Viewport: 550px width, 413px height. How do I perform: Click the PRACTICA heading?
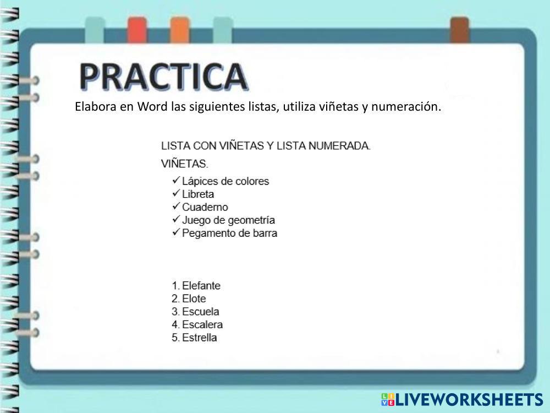pyautogui.click(x=163, y=76)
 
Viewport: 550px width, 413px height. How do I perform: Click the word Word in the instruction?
pyautogui.click(x=152, y=106)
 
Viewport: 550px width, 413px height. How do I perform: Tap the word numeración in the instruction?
pyautogui.click(x=406, y=106)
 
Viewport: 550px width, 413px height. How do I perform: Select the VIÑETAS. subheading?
pyautogui.click(x=184, y=164)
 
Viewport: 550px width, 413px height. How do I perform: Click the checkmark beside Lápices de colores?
pyautogui.click(x=176, y=180)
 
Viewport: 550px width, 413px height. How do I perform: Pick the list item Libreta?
pyautogui.click(x=198, y=194)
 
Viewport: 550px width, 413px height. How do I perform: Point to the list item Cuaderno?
pyautogui.click(x=205, y=207)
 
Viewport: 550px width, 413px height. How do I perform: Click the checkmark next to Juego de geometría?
pyautogui.click(x=176, y=219)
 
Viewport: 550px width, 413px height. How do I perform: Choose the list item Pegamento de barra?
pyautogui.click(x=229, y=233)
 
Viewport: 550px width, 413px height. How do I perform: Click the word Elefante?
pyautogui.click(x=201, y=285)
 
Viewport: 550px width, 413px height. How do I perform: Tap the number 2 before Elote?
pyautogui.click(x=175, y=298)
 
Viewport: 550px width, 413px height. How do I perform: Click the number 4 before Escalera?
pyautogui.click(x=175, y=324)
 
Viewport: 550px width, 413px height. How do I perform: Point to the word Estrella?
pyautogui.click(x=199, y=338)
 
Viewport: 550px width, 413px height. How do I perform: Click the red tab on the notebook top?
pyautogui.click(x=137, y=30)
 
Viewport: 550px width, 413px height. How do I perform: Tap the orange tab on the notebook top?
pyautogui.click(x=180, y=30)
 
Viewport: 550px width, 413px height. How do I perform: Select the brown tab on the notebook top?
pyautogui.click(x=459, y=30)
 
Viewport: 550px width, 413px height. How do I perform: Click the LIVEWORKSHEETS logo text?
pyautogui.click(x=469, y=400)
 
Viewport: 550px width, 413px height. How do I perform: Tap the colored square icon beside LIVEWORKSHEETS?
pyautogui.click(x=388, y=400)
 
